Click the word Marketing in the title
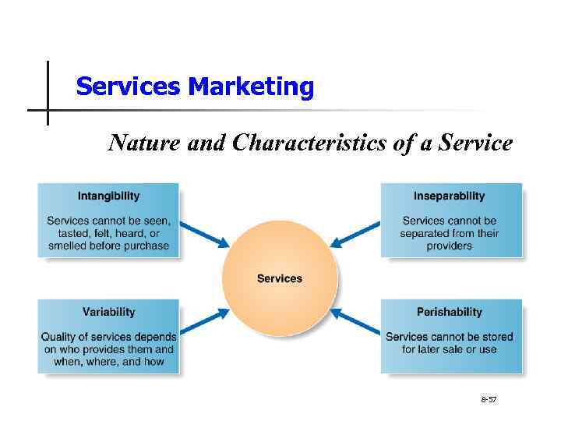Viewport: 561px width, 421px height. tap(250, 87)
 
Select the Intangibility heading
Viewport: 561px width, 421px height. tap(108, 196)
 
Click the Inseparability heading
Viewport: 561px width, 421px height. tap(449, 196)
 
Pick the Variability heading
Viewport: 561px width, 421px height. tap(108, 312)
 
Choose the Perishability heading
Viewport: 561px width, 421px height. tap(449, 312)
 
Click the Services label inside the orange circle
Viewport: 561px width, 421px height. tap(280, 278)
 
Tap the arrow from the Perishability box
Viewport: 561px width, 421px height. tap(355, 320)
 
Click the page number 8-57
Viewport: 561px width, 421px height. tap(489, 399)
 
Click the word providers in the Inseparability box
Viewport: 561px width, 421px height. tap(449, 246)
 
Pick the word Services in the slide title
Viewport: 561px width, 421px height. tap(129, 87)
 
